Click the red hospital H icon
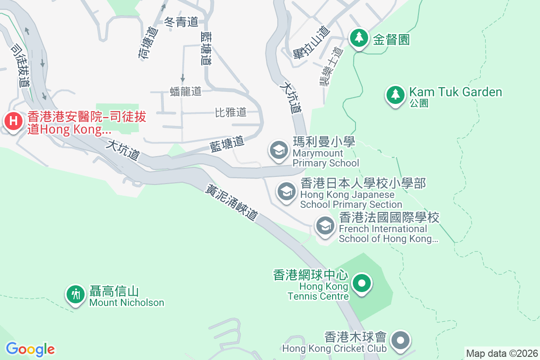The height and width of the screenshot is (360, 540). coord(14,121)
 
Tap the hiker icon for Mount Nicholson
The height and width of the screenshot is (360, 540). coord(76,294)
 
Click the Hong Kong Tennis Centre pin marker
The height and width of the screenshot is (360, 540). coord(361,283)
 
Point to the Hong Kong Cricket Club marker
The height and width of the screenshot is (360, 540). coord(400,341)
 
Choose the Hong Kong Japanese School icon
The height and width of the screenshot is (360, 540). coord(286,192)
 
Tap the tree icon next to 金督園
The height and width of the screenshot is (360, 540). coord(359,38)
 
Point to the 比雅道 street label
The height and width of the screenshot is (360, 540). coord(231,112)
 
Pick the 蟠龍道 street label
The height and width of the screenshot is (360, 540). coord(186,91)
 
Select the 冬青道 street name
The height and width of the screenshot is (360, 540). coord(182,22)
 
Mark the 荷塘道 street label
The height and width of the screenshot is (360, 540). coord(146,44)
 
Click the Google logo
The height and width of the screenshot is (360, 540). coord(30,349)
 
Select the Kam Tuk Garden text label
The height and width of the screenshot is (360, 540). coord(455,92)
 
